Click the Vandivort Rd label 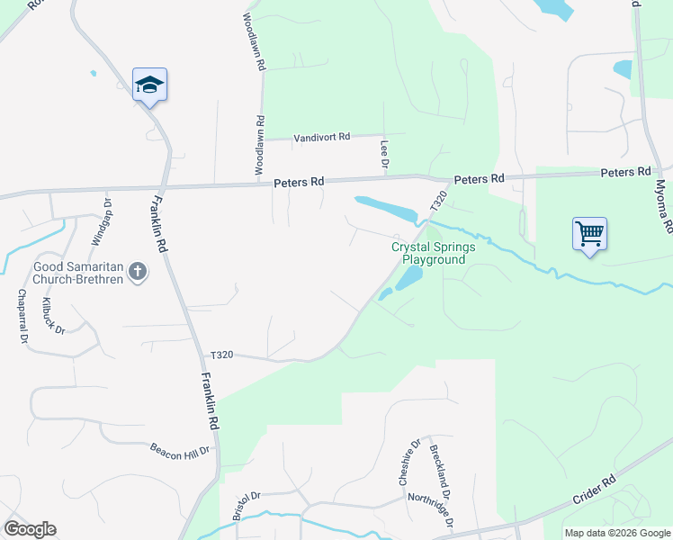pos(320,137)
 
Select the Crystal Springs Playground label pos(428,253)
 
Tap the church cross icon pos(138,272)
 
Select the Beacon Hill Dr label pos(180,450)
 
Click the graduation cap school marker pos(149,85)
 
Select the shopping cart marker pos(589,234)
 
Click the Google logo pos(30,529)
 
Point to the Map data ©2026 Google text pos(617,533)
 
